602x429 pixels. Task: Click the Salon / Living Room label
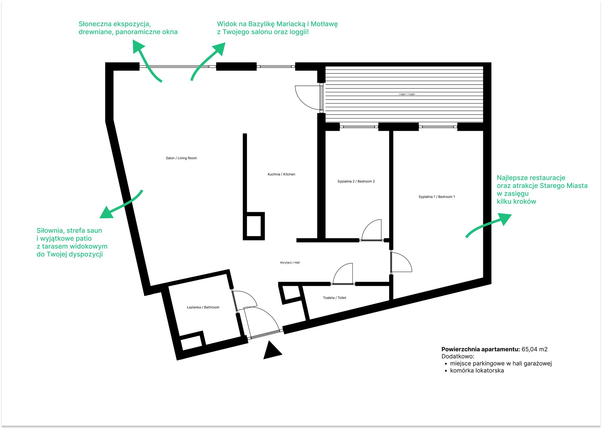(x=181, y=158)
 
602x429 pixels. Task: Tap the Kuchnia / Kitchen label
(x=281, y=174)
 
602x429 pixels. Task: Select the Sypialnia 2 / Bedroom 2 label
(x=356, y=181)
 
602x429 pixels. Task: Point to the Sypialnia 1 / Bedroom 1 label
(x=437, y=197)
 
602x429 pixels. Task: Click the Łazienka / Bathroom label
(x=203, y=307)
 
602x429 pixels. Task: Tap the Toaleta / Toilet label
(x=335, y=298)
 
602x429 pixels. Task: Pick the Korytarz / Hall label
(x=290, y=263)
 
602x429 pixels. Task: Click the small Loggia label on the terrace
(x=407, y=94)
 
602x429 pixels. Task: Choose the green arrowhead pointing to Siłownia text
(x=106, y=213)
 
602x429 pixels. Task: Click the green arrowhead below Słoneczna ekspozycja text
(x=138, y=47)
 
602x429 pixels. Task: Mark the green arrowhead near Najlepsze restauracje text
(x=504, y=219)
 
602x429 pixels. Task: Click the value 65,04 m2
(x=534, y=349)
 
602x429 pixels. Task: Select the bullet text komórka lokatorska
(x=477, y=371)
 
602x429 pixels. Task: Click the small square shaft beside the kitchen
(x=254, y=226)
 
